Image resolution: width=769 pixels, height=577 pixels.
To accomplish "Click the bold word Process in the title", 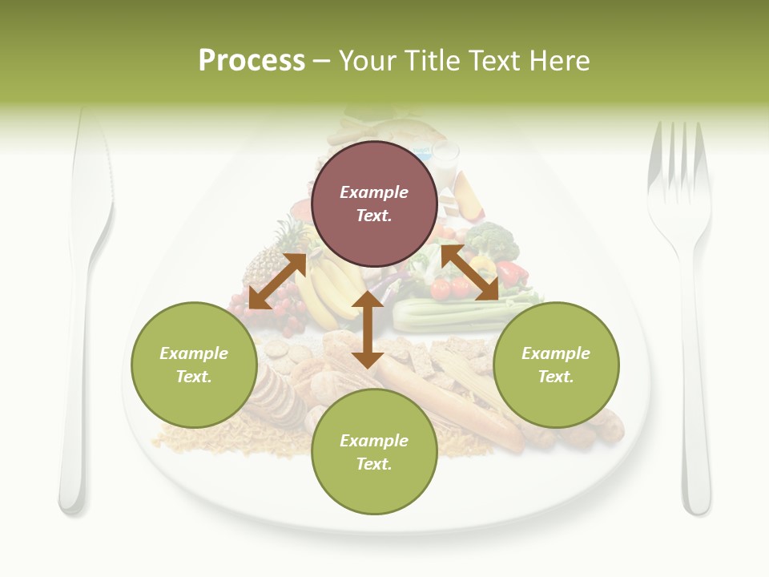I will tap(252, 60).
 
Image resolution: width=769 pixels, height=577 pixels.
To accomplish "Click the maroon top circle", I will tap(374, 204).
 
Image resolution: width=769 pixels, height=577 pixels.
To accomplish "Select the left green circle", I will tap(194, 365).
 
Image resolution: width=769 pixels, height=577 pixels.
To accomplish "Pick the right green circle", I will tap(556, 365).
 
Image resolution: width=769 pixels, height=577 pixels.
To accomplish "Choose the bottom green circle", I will tap(374, 452).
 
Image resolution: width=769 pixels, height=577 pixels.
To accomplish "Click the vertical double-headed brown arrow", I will tap(368, 329).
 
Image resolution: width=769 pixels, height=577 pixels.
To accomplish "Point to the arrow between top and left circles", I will tap(277, 281).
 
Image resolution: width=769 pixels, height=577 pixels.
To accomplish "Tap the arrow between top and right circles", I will tap(469, 273).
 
